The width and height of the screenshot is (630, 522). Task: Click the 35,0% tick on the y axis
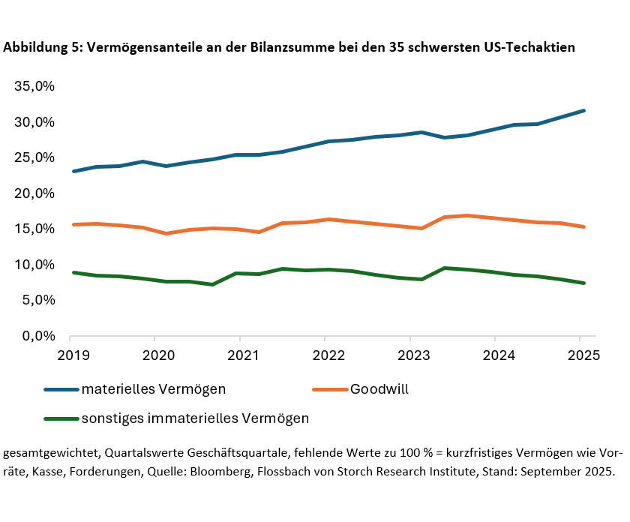click(x=35, y=86)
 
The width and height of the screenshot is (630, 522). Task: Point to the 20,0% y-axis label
click(x=35, y=193)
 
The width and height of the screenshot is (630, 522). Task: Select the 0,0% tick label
click(x=38, y=336)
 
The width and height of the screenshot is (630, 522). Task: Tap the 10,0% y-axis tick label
click(x=35, y=265)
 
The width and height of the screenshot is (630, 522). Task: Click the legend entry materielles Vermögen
click(x=154, y=389)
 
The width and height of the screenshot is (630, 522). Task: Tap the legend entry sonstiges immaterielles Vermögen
click(x=195, y=418)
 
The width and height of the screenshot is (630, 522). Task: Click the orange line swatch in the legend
click(x=330, y=389)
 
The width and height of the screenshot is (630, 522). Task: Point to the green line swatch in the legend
click(x=61, y=418)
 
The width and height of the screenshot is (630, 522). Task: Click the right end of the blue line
click(x=584, y=110)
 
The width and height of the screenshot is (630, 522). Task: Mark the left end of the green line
click(x=73, y=272)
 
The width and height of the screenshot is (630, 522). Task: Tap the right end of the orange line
click(x=584, y=226)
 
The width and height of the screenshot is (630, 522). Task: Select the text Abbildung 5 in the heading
click(x=42, y=47)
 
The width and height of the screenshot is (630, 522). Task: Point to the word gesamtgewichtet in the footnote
click(x=50, y=454)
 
